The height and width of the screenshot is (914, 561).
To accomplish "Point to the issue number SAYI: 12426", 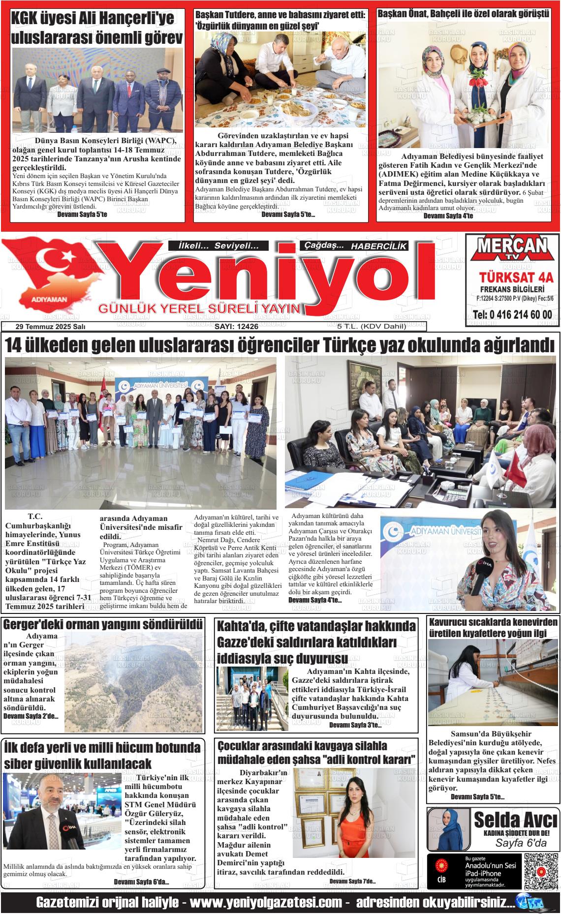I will (x=236, y=327).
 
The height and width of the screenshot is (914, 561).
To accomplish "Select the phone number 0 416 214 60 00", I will (x=512, y=315).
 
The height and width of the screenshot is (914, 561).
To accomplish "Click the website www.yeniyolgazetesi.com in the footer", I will (x=266, y=903).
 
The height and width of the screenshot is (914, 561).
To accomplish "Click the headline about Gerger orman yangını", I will (x=103, y=625).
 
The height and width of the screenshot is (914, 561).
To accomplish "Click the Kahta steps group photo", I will (x=252, y=699).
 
